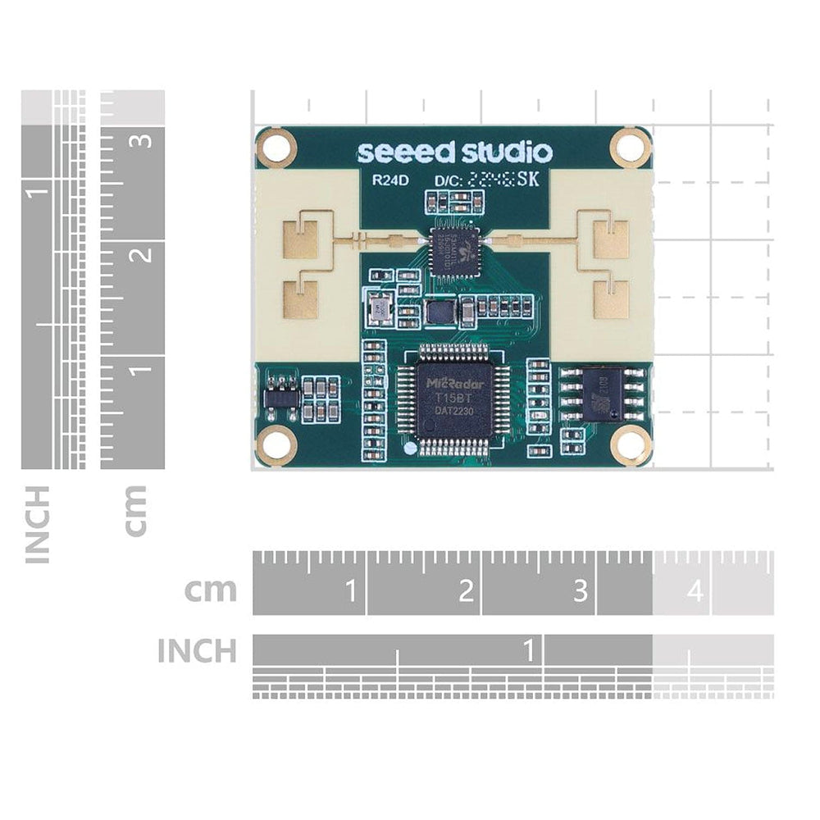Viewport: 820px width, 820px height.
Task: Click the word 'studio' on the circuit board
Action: (x=506, y=153)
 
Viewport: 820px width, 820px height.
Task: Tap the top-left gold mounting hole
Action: (x=276, y=148)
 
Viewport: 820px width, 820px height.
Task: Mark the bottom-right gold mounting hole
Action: (x=631, y=445)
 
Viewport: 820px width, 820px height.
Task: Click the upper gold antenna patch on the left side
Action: (x=300, y=239)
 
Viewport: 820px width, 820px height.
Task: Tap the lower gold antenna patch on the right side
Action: (x=611, y=299)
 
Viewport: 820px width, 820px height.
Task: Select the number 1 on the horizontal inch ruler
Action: (x=530, y=651)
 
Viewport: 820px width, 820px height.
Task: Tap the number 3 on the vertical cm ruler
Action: (x=144, y=139)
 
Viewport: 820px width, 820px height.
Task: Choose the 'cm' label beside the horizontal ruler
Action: (x=211, y=590)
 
